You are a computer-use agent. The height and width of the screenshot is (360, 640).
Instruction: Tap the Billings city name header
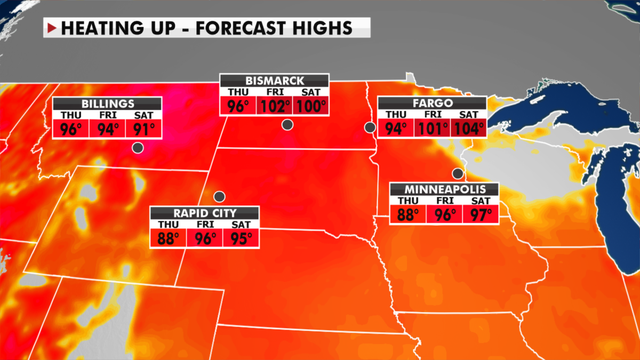(108, 103)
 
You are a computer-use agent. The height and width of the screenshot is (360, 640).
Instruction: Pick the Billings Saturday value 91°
(143, 129)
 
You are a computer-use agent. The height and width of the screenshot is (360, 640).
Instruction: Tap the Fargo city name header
(431, 103)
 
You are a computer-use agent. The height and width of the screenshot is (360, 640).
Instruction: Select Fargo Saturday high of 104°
(468, 128)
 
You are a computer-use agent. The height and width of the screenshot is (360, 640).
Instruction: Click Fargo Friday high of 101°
(431, 128)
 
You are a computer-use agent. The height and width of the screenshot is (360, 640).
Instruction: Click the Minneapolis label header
(444, 189)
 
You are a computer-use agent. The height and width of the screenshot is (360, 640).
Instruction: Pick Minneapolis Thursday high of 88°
(408, 214)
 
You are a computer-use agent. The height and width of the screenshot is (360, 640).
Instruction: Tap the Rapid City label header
(205, 212)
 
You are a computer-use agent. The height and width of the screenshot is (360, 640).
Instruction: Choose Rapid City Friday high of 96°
(205, 237)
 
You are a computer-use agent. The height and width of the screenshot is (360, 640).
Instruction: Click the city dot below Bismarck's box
(287, 125)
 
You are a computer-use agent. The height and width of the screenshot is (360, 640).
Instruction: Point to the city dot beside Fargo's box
(369, 127)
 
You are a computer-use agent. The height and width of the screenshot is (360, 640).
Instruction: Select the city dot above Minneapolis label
(457, 173)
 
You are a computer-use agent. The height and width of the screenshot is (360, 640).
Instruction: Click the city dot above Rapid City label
(218, 196)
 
